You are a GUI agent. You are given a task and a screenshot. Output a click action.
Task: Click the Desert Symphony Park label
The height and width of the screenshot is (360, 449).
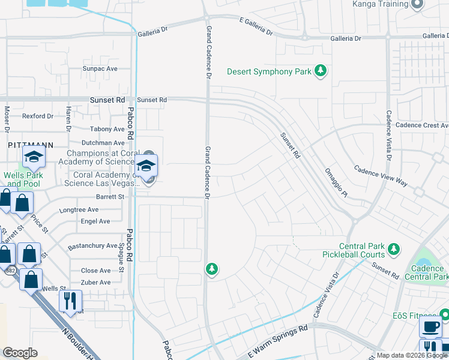point(269,72)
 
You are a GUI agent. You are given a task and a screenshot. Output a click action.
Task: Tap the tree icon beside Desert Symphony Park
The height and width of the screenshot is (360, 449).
point(321,71)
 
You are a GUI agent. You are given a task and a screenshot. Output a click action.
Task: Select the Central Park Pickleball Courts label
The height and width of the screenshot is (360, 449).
point(361,251)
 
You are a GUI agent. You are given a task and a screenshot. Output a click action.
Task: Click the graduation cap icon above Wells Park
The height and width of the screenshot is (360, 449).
point(34,158)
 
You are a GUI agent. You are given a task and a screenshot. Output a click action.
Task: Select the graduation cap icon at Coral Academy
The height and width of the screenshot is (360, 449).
point(146,166)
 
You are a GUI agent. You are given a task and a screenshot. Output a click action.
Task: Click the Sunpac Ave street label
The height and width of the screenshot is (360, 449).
point(100,69)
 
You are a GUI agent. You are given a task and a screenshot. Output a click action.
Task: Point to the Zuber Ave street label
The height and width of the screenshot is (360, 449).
point(95,282)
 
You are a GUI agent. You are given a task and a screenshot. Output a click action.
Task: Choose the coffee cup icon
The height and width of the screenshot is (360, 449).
point(430,328)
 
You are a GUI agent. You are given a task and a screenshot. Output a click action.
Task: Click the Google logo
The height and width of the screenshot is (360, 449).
point(20,353)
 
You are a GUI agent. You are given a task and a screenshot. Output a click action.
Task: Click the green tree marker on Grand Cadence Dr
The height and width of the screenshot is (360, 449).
point(211,269)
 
